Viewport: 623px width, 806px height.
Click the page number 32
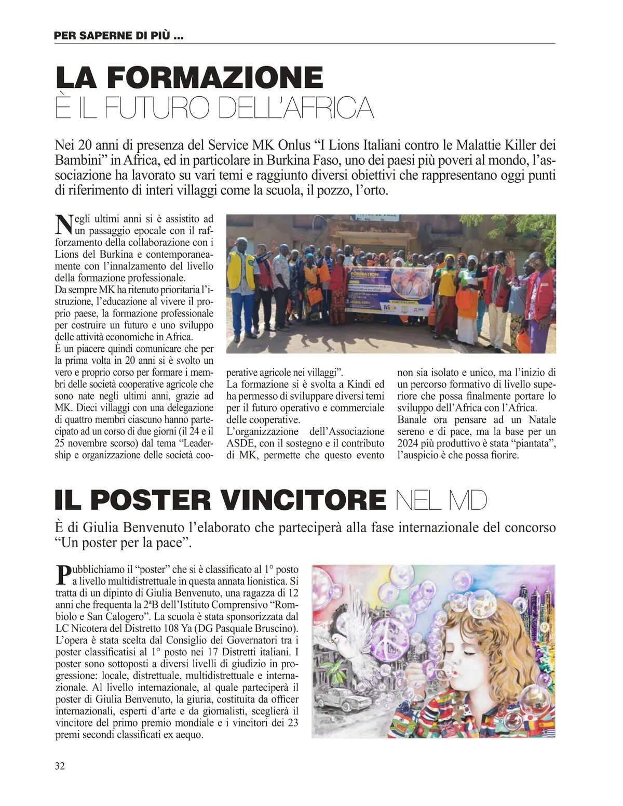point(60,765)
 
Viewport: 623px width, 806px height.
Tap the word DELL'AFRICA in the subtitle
point(295,108)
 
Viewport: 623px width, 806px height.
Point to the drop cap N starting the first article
point(62,223)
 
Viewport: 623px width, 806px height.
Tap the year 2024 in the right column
point(409,443)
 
